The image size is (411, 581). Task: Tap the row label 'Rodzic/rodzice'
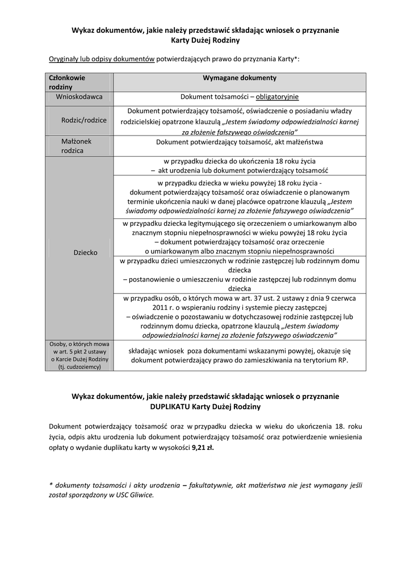click(x=84, y=120)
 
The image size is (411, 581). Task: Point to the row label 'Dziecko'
click(x=86, y=252)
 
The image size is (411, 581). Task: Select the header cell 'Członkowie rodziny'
click(x=67, y=82)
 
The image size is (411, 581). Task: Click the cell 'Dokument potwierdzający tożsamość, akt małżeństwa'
click(x=240, y=142)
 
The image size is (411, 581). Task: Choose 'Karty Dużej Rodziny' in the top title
click(x=205, y=40)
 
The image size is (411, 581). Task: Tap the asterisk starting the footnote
click(x=51, y=485)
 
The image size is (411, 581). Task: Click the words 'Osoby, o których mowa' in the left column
click(x=79, y=344)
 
